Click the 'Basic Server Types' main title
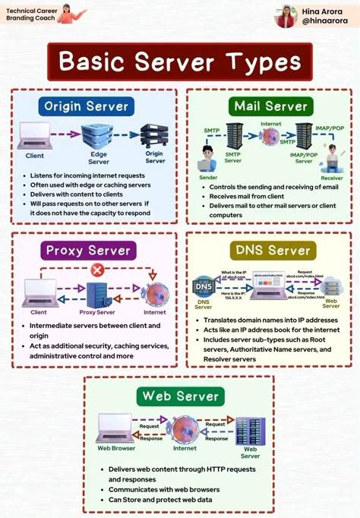coord(180,62)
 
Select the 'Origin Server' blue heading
coord(86,106)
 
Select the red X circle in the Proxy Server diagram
coord(96,270)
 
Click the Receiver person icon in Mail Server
coord(333,162)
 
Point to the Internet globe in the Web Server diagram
coord(180,429)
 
